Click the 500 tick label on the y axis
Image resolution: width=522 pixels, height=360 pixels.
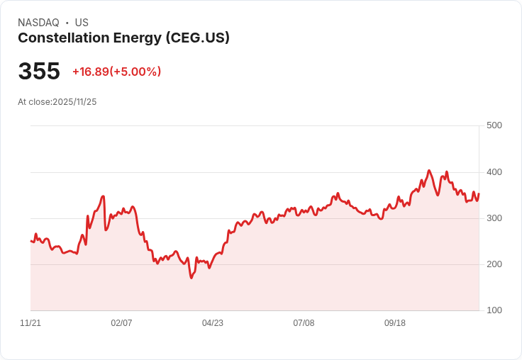coord(494,125)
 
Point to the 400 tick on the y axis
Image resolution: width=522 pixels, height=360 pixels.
coord(494,172)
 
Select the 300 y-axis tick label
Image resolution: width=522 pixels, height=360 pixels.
coord(494,218)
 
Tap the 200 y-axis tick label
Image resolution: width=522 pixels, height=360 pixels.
coord(494,264)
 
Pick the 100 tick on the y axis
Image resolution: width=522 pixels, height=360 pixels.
coord(494,310)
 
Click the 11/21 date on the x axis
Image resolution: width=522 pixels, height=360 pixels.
coord(30,323)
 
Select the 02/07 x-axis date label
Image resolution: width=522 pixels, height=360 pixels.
coord(121,323)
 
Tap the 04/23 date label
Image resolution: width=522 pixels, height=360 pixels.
coord(213,323)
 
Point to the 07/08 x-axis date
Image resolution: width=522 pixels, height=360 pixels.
coord(304,323)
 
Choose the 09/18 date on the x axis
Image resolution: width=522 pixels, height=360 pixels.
coord(395,323)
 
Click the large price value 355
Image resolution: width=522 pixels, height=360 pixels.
coord(39,72)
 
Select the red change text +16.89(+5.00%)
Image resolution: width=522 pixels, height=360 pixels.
coord(116,72)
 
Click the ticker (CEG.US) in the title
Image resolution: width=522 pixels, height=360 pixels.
coord(198,38)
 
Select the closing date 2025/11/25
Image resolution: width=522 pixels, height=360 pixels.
coord(74,102)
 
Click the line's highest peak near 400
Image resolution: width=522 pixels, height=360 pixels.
coord(429,170)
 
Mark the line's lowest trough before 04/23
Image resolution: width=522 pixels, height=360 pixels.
coord(191,278)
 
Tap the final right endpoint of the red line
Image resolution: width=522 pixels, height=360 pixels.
coord(479,194)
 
